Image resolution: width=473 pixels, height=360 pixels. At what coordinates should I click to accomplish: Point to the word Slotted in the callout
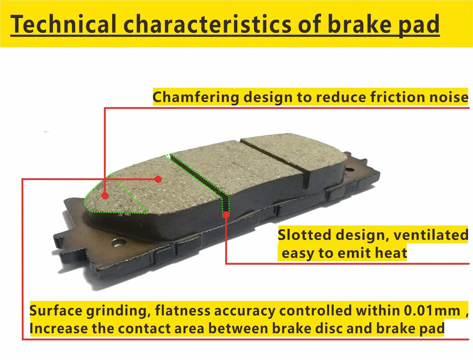(x=304, y=235)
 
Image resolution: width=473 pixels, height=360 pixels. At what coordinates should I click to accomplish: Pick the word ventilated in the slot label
(x=431, y=235)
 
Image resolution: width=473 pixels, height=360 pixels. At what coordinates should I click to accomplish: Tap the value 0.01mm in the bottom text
(x=432, y=311)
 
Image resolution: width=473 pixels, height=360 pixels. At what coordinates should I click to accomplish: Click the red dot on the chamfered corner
(x=104, y=196)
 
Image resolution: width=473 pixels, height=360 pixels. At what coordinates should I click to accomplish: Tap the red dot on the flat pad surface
(x=158, y=179)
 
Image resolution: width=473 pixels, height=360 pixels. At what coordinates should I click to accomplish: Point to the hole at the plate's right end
(x=349, y=170)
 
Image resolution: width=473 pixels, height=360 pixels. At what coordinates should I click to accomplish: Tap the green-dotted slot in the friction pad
(x=201, y=177)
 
